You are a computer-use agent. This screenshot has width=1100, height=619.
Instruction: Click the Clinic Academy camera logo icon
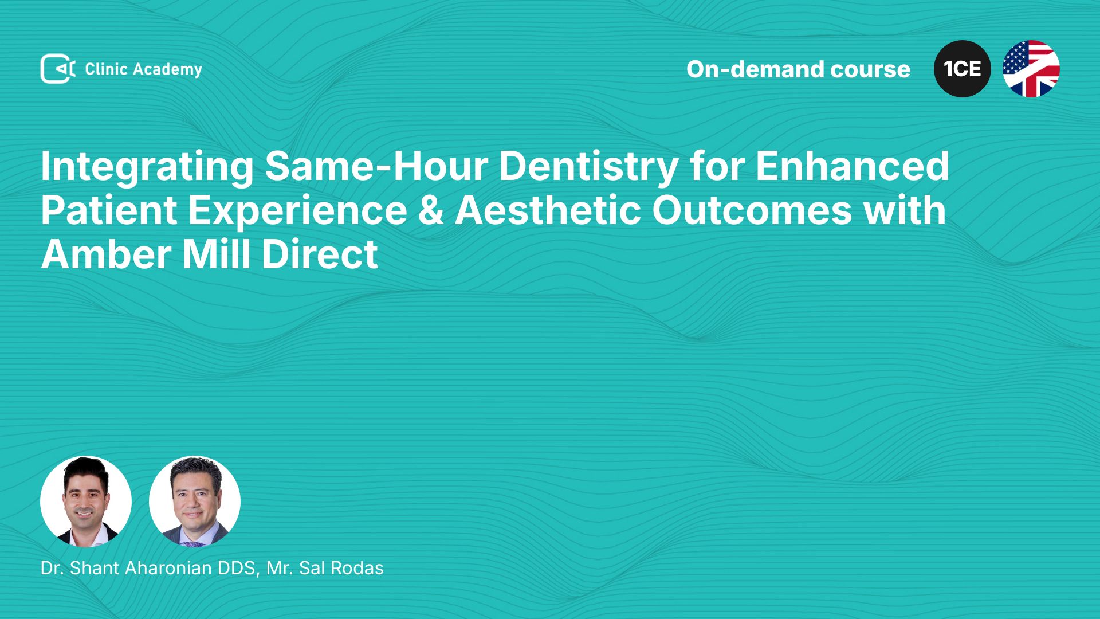(58, 69)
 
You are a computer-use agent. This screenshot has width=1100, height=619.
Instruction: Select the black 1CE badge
(962, 69)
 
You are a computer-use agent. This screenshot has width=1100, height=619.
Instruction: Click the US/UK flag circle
(1031, 69)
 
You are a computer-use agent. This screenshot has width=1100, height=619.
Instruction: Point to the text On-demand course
(798, 69)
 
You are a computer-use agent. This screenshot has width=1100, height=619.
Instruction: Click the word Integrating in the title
(147, 167)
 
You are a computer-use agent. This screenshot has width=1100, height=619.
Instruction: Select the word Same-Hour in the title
(376, 166)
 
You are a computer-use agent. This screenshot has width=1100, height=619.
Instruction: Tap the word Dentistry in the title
(588, 167)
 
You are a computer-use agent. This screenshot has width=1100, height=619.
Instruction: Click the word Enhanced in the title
(852, 166)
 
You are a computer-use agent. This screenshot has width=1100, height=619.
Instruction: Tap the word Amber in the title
(106, 254)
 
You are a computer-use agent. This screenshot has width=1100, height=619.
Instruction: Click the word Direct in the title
(320, 254)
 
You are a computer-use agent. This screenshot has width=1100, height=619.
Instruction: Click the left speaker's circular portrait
(86, 502)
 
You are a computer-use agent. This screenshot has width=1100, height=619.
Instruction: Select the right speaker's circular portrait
(195, 502)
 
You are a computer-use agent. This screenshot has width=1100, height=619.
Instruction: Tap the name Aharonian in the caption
(168, 568)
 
